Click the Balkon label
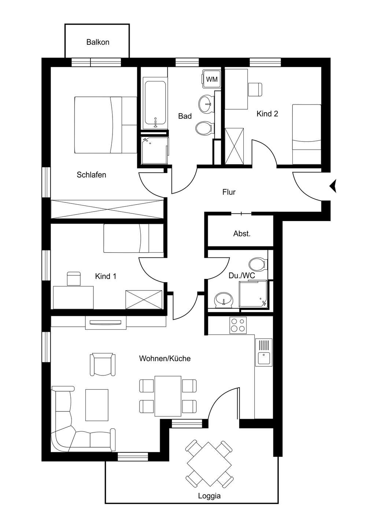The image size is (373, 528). (x=98, y=42)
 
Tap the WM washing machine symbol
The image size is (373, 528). (x=211, y=79)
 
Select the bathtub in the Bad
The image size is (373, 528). (x=155, y=105)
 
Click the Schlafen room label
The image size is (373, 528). (x=91, y=175)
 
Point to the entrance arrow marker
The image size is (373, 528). (x=333, y=186)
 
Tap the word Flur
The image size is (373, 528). (x=229, y=192)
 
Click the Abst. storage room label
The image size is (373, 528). (x=242, y=234)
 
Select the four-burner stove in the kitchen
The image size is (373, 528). (x=238, y=325)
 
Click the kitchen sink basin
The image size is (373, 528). (x=263, y=358)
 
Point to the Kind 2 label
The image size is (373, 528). (x=267, y=114)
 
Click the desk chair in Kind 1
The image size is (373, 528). (x=74, y=279)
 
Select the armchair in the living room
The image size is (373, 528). (x=103, y=364)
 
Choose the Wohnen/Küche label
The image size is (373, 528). (x=165, y=359)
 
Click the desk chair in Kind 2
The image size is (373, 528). (x=255, y=89)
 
